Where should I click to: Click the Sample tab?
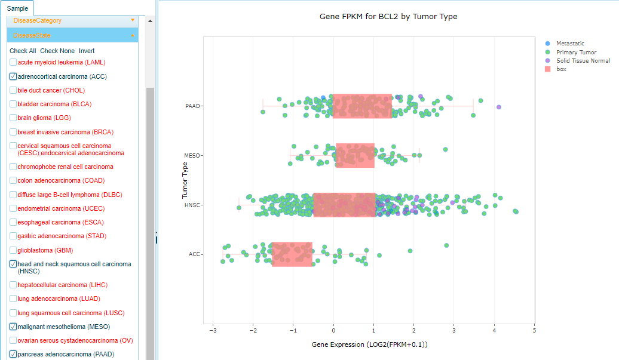tap(17, 8)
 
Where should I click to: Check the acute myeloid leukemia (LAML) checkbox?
tap(13, 63)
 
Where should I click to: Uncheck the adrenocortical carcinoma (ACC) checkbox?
tap(13, 76)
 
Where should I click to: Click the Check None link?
tap(57, 51)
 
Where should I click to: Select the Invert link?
tap(87, 51)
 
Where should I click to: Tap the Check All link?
tap(23, 51)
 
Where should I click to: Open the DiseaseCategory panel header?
tap(72, 20)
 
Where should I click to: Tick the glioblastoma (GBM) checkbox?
tap(13, 250)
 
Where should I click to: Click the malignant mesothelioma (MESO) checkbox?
tap(13, 327)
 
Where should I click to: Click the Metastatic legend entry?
tap(570, 44)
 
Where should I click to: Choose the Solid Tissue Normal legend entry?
tap(583, 61)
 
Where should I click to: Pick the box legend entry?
tap(561, 69)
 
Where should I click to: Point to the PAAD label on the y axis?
tap(192, 106)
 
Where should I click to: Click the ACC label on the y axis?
tap(194, 254)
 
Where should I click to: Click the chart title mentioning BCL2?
tap(388, 17)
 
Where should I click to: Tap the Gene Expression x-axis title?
tap(369, 344)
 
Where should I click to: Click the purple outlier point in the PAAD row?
tap(499, 107)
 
